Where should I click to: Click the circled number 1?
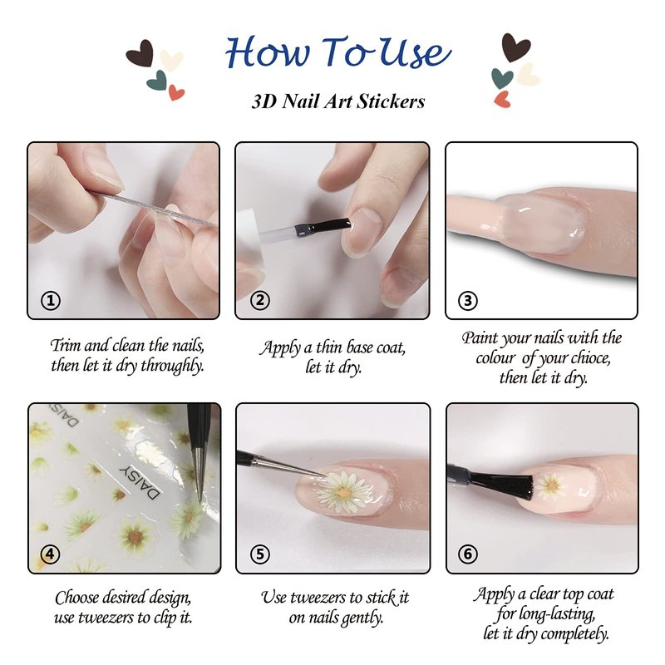[x=51, y=301]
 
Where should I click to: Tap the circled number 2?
[x=260, y=300]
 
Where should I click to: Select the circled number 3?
[x=468, y=301]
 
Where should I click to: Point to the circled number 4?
[x=50, y=554]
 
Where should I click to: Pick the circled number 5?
[x=260, y=554]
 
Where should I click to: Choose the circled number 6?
[x=468, y=554]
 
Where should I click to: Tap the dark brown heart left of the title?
[x=140, y=53]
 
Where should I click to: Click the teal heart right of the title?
[x=502, y=77]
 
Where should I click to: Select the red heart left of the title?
[x=176, y=92]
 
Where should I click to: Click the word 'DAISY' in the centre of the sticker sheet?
[x=140, y=481]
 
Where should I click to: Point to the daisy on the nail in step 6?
[x=549, y=485]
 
